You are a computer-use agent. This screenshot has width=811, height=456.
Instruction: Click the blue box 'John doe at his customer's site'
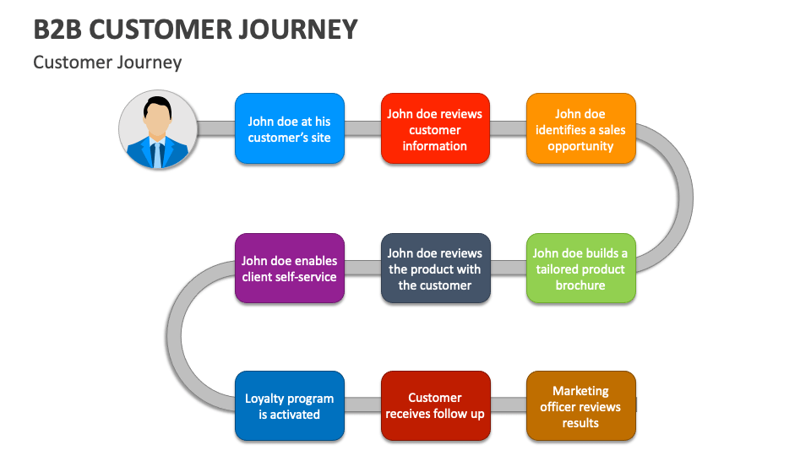289,128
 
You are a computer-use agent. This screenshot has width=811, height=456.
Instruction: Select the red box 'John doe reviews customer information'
434,128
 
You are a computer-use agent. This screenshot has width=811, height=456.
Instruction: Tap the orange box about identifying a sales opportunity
580,128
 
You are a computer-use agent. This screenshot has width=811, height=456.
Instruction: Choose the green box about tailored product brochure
580,269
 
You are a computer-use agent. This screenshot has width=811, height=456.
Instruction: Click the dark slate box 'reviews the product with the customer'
434,269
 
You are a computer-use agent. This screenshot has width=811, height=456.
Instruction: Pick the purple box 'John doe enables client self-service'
289,269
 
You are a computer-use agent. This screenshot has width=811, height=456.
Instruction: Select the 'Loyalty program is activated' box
289,406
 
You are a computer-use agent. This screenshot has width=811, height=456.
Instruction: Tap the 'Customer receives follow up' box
434,406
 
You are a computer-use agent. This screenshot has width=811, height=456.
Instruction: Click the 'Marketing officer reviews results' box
580,406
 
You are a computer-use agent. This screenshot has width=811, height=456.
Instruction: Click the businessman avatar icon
158,129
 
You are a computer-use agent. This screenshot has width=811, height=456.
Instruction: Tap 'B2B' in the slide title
57,30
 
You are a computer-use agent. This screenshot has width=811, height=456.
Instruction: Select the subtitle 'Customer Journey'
107,62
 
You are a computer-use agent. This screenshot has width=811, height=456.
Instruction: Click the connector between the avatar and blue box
216,128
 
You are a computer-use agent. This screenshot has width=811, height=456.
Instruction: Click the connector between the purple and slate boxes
362,269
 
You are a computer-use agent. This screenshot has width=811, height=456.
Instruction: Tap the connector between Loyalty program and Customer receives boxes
362,404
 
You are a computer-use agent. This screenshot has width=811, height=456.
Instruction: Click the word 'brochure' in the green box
580,285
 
